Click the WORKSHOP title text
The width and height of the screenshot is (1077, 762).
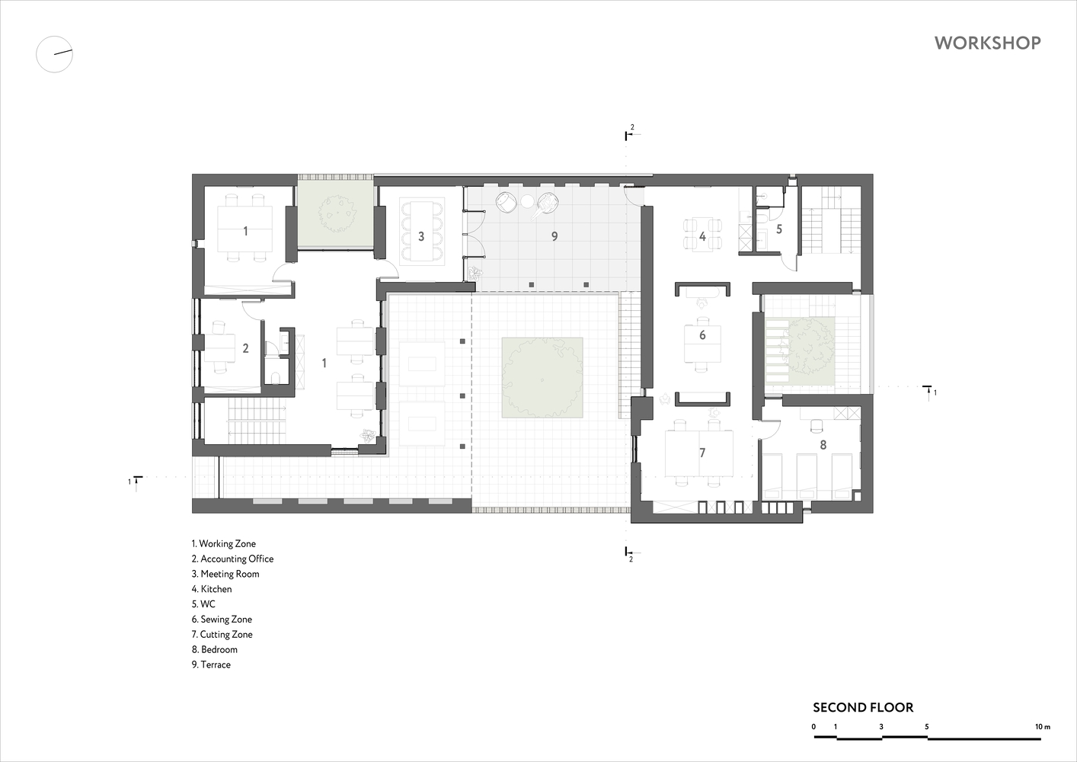(x=988, y=43)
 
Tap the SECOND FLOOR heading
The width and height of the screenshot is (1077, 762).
(x=863, y=707)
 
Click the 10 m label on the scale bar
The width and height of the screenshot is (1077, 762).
(x=1043, y=727)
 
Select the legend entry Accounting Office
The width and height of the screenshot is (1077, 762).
(x=233, y=559)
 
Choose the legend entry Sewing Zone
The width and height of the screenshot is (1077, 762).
(x=222, y=619)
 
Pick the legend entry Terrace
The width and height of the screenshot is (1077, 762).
(x=211, y=664)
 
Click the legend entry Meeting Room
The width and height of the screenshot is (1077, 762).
(x=225, y=574)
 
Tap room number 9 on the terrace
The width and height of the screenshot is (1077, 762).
(x=554, y=236)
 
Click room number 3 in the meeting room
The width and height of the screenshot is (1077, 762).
(x=421, y=236)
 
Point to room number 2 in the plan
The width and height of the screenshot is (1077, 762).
(x=245, y=347)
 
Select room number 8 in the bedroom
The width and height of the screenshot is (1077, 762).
(x=823, y=445)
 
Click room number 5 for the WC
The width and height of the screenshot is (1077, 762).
(x=779, y=229)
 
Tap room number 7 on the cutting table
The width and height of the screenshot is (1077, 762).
(x=702, y=453)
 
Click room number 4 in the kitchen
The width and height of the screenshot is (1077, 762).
(x=702, y=236)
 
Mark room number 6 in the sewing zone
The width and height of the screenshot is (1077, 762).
(x=702, y=335)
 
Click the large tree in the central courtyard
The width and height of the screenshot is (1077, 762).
(x=542, y=378)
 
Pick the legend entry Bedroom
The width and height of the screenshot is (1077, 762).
(x=215, y=649)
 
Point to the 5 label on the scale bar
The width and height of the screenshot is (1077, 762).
(x=926, y=727)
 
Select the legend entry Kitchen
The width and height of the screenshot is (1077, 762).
(x=212, y=589)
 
